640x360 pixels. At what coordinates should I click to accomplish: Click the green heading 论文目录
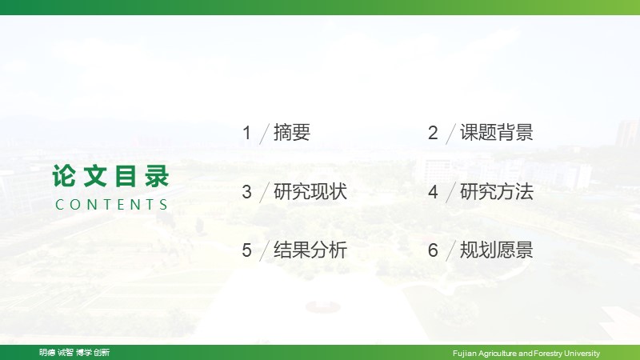[x=110, y=176]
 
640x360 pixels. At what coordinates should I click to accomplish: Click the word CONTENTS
[x=111, y=205]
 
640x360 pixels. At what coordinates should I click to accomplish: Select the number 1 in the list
[x=246, y=133]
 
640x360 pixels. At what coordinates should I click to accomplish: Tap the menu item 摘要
[x=292, y=133]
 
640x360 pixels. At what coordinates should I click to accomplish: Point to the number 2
[x=433, y=133]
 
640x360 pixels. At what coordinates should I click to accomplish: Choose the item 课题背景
[x=497, y=133]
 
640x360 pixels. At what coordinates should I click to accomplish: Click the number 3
[x=246, y=192]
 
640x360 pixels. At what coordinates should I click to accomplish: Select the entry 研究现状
[x=310, y=191]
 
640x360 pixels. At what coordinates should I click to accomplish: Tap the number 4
[x=433, y=192]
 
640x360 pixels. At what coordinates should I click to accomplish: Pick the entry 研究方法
[x=497, y=191]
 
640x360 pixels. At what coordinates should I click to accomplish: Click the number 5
[x=246, y=250]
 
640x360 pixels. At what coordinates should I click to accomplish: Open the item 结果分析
[x=310, y=250]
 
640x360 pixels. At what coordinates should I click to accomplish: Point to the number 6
[x=433, y=250]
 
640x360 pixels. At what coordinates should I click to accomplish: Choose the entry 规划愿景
[x=497, y=250]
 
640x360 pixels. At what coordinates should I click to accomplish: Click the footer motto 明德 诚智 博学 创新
[x=74, y=352]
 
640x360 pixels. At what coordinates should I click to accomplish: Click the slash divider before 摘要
[x=265, y=134]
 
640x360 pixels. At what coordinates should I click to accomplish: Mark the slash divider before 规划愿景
[x=451, y=250]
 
